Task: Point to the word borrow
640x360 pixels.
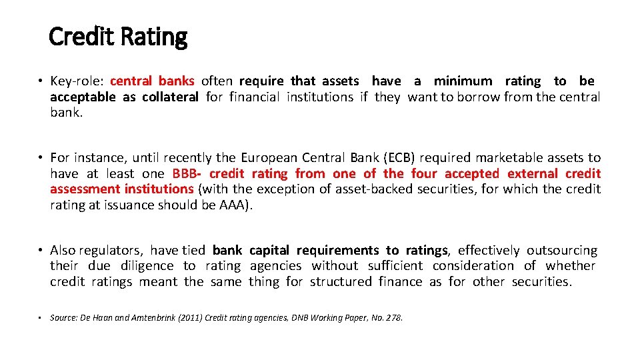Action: [480, 97]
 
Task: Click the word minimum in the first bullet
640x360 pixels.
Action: [463, 81]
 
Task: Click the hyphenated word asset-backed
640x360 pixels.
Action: [375, 189]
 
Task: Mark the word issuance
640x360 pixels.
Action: [127, 205]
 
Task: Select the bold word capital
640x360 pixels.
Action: [269, 251]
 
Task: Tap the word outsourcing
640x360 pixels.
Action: [562, 251]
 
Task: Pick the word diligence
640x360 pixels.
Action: [147, 266]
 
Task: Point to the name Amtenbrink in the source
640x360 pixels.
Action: [141, 317]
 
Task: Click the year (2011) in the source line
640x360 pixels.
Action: [180, 317]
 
